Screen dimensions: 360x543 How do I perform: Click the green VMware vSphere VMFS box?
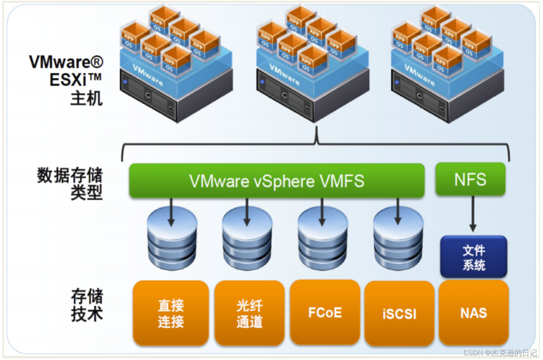[x=276, y=181]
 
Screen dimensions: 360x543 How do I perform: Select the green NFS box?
[x=470, y=179]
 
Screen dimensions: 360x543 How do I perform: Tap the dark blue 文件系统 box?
[x=473, y=257]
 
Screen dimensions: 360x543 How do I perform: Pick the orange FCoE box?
[x=325, y=312]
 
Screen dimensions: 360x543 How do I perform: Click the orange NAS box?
[x=473, y=313]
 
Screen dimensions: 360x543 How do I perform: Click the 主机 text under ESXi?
[x=86, y=98]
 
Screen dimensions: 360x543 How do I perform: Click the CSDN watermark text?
[x=500, y=352]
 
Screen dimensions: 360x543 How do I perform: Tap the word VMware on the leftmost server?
[x=148, y=74]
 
